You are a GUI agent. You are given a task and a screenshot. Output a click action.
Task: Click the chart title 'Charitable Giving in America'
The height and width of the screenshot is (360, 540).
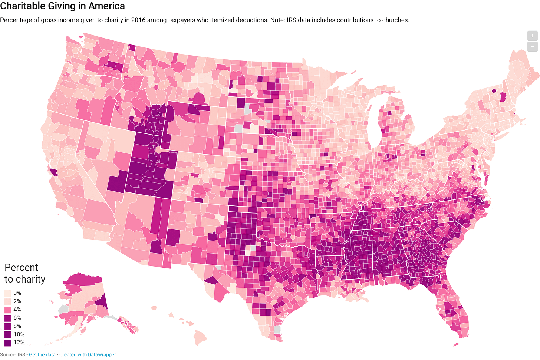[x=62, y=6]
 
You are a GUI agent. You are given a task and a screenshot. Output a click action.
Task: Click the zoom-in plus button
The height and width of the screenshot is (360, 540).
[x=532, y=36]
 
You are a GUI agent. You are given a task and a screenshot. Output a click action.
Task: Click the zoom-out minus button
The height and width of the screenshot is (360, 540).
[x=532, y=47]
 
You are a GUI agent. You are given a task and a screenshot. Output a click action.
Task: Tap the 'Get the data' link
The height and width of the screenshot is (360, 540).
[x=42, y=354]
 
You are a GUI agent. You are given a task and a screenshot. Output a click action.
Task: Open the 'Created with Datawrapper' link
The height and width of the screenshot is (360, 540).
[x=88, y=354]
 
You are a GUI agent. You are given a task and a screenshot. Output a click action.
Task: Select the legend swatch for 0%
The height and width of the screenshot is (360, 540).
[x=8, y=293]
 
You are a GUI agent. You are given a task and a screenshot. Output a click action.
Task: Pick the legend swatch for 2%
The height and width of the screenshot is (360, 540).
[x=8, y=301]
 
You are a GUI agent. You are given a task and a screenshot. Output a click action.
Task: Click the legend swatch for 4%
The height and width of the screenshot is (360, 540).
[x=8, y=310]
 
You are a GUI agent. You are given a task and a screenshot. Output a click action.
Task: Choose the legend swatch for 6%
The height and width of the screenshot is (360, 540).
[x=8, y=318]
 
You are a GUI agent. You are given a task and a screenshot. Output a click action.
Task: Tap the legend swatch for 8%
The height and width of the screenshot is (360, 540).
[x=8, y=326]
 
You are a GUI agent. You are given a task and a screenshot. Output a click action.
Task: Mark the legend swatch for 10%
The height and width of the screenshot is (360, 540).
[x=8, y=334]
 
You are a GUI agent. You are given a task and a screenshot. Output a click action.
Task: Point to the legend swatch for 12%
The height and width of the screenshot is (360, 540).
[x=8, y=343]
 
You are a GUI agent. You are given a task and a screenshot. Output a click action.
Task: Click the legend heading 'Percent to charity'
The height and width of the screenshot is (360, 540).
[x=24, y=273]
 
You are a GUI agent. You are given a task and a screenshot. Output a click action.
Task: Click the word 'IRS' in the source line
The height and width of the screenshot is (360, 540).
[x=21, y=354]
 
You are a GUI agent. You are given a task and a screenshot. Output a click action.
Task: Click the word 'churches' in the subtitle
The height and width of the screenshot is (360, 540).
[x=395, y=20]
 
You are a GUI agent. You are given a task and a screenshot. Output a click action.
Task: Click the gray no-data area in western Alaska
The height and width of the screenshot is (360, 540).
[x=63, y=308]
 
